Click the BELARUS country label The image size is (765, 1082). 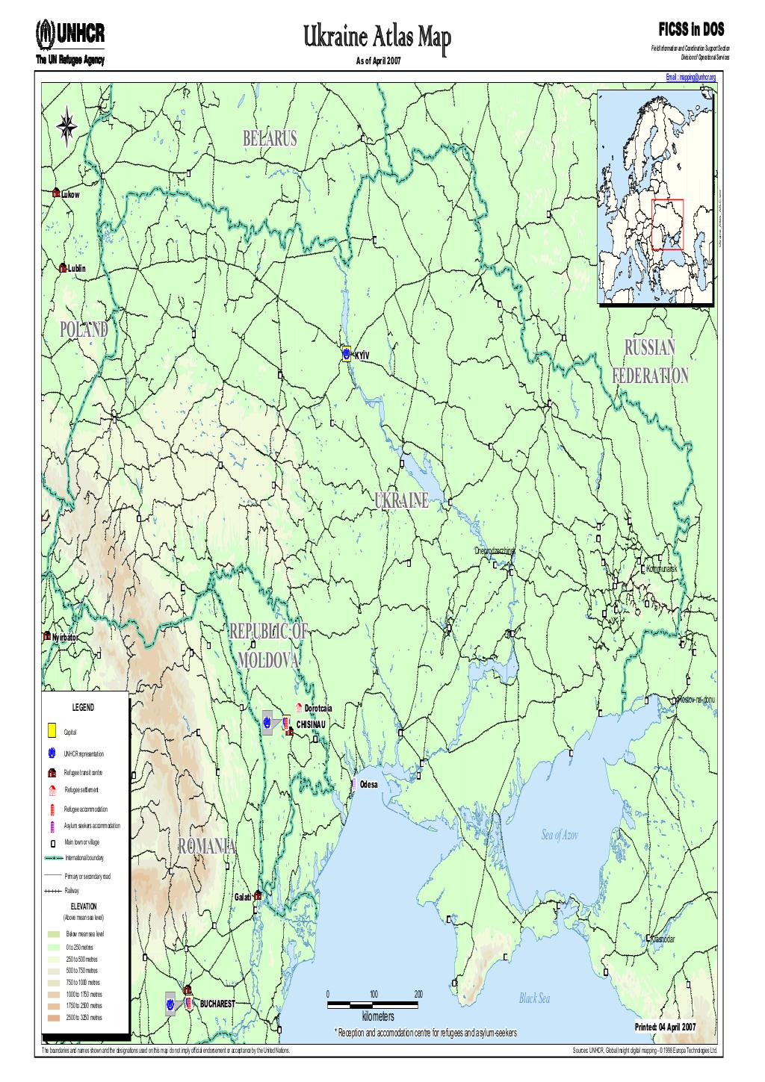[x=270, y=138]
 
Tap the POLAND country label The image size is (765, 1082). [x=84, y=329]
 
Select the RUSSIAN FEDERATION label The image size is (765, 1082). [x=649, y=361]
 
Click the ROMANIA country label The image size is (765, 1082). [x=207, y=847]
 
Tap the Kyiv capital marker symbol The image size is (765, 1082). [x=347, y=353]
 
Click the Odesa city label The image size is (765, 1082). [x=369, y=785]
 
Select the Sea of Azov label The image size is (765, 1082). [x=560, y=836]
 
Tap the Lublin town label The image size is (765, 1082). [x=76, y=268]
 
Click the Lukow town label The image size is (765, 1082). [x=70, y=194]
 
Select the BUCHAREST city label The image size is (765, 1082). [x=217, y=1004]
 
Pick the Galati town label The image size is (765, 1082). [x=244, y=896]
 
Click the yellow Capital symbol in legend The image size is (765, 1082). [x=52, y=731]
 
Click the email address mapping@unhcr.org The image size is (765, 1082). [x=690, y=77]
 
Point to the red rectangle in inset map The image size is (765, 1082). [x=668, y=224]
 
